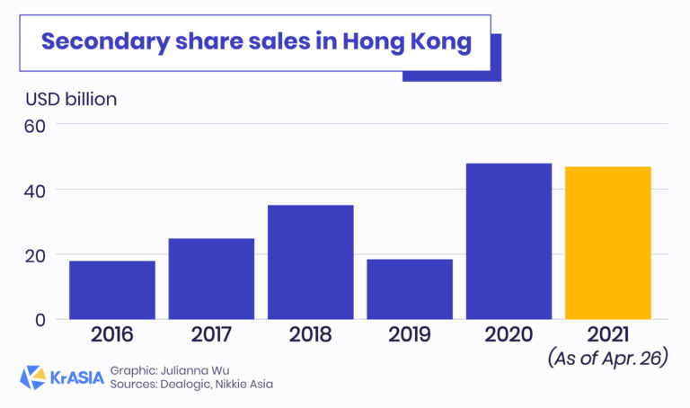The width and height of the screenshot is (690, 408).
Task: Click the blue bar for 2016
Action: pos(112,289)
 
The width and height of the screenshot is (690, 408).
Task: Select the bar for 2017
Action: pos(211,279)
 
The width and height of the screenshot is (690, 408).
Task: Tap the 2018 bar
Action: pos(310,262)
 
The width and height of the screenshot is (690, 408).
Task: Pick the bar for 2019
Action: pos(410,288)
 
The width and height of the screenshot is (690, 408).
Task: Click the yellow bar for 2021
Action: pos(607,243)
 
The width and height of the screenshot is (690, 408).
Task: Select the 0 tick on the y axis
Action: pos(40,319)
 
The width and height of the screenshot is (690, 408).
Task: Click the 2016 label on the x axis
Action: pos(112,335)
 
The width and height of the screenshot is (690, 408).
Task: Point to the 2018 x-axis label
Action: pos(310,335)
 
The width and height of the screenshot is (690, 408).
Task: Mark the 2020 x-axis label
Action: pos(509,335)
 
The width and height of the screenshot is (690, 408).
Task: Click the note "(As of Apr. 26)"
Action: pos(606,359)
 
